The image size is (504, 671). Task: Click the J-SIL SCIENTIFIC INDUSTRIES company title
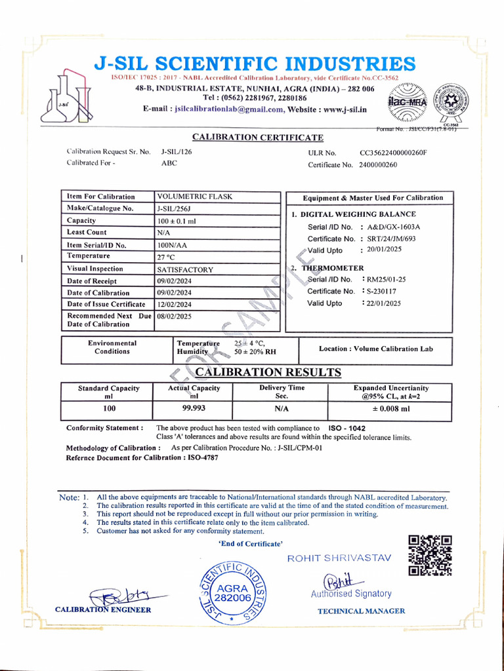coord(255,64)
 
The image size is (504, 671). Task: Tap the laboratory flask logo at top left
coord(64,98)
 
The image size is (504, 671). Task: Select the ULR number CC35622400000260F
coord(393,153)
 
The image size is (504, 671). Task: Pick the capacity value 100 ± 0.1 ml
coord(177,221)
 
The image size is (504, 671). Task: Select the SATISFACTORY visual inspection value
coord(185,269)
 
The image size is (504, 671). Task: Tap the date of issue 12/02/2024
coord(175,305)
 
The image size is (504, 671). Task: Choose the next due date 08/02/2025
coord(175,316)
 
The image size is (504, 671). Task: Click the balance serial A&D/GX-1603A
coord(394,227)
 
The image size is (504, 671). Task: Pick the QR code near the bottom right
coord(430,556)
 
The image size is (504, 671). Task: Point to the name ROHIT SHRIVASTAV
coord(339,558)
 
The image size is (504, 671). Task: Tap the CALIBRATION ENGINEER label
coord(103,609)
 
